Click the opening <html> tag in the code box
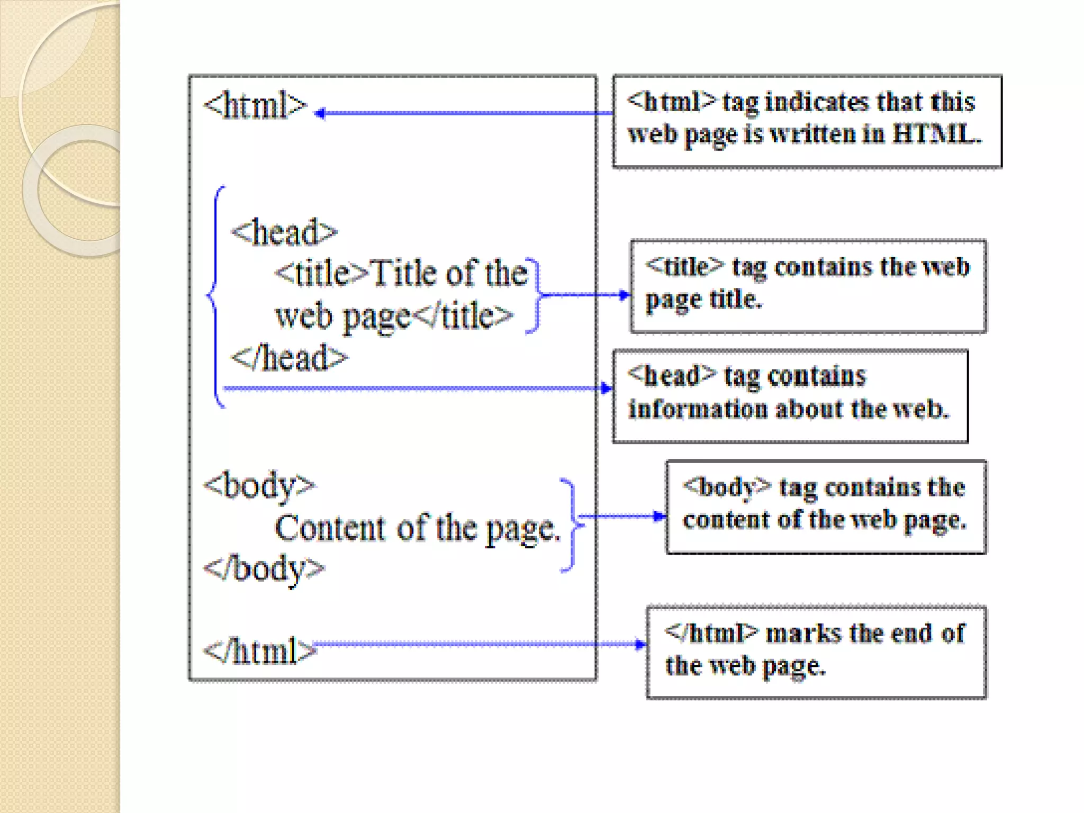[x=255, y=106]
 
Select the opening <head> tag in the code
[x=284, y=232]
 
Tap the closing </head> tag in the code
[x=290, y=358]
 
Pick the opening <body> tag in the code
[x=259, y=485]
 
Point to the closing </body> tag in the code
[x=264, y=569]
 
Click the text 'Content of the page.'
[x=417, y=528]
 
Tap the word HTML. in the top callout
[x=937, y=133]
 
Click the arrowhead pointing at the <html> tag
[x=320, y=113]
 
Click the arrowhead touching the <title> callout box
[x=625, y=295]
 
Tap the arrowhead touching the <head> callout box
[x=607, y=389]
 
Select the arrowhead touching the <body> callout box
[x=660, y=516]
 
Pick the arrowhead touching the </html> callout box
[x=640, y=644]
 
